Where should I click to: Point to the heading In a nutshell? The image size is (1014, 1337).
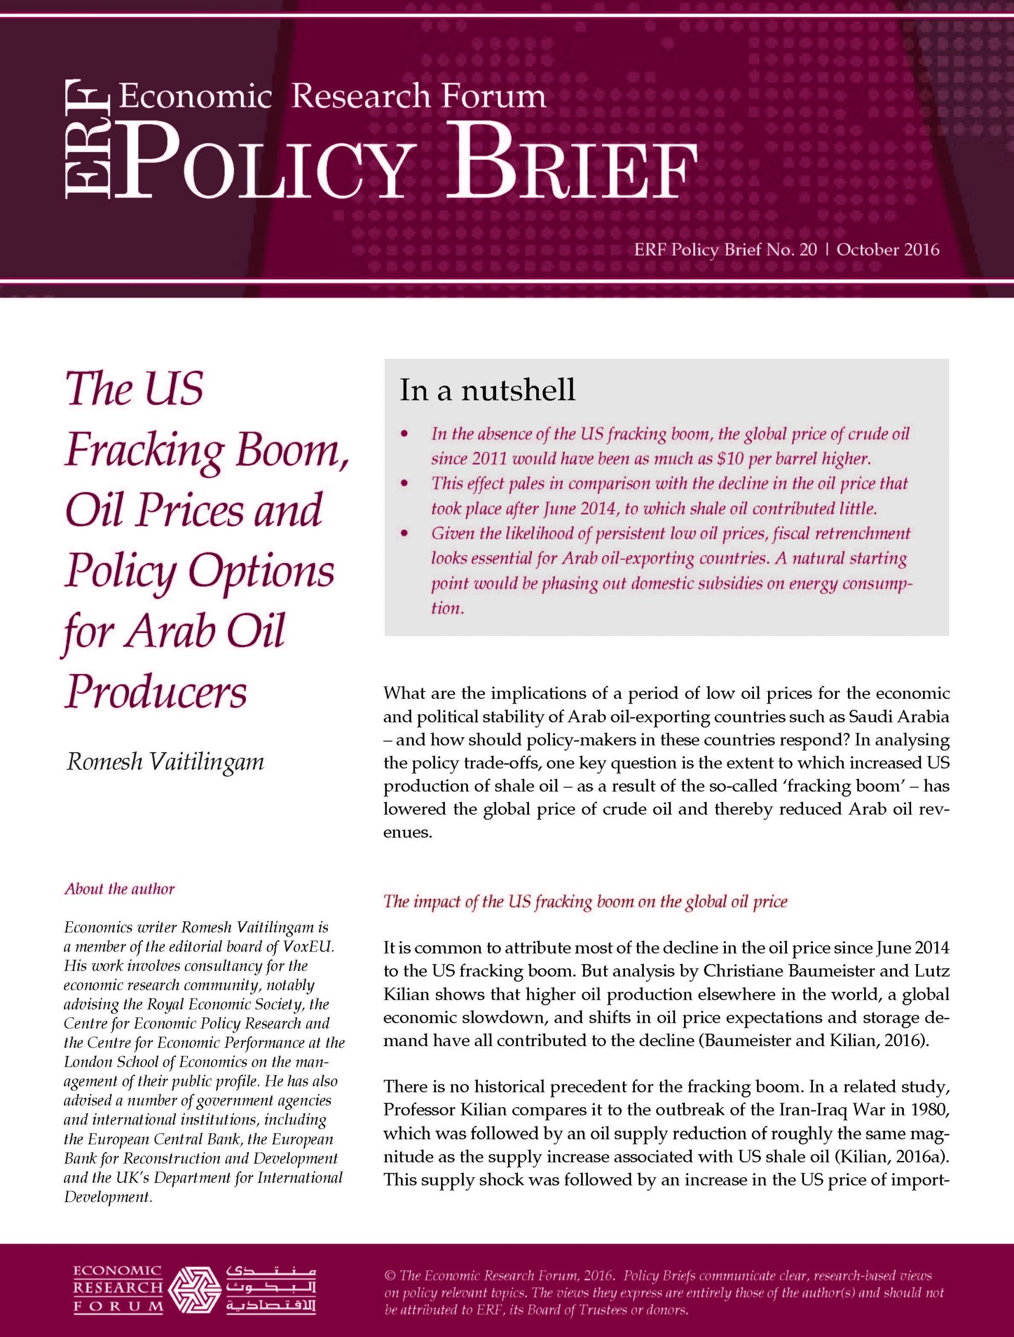pyautogui.click(x=487, y=391)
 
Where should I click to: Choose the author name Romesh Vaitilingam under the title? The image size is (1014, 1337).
pyautogui.click(x=165, y=761)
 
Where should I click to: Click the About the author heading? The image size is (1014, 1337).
pyautogui.click(x=120, y=889)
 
